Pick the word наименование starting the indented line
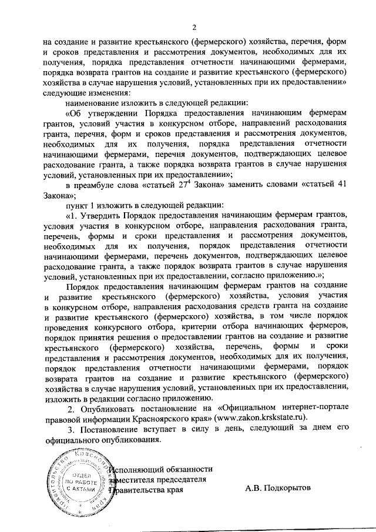tap(94, 101)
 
